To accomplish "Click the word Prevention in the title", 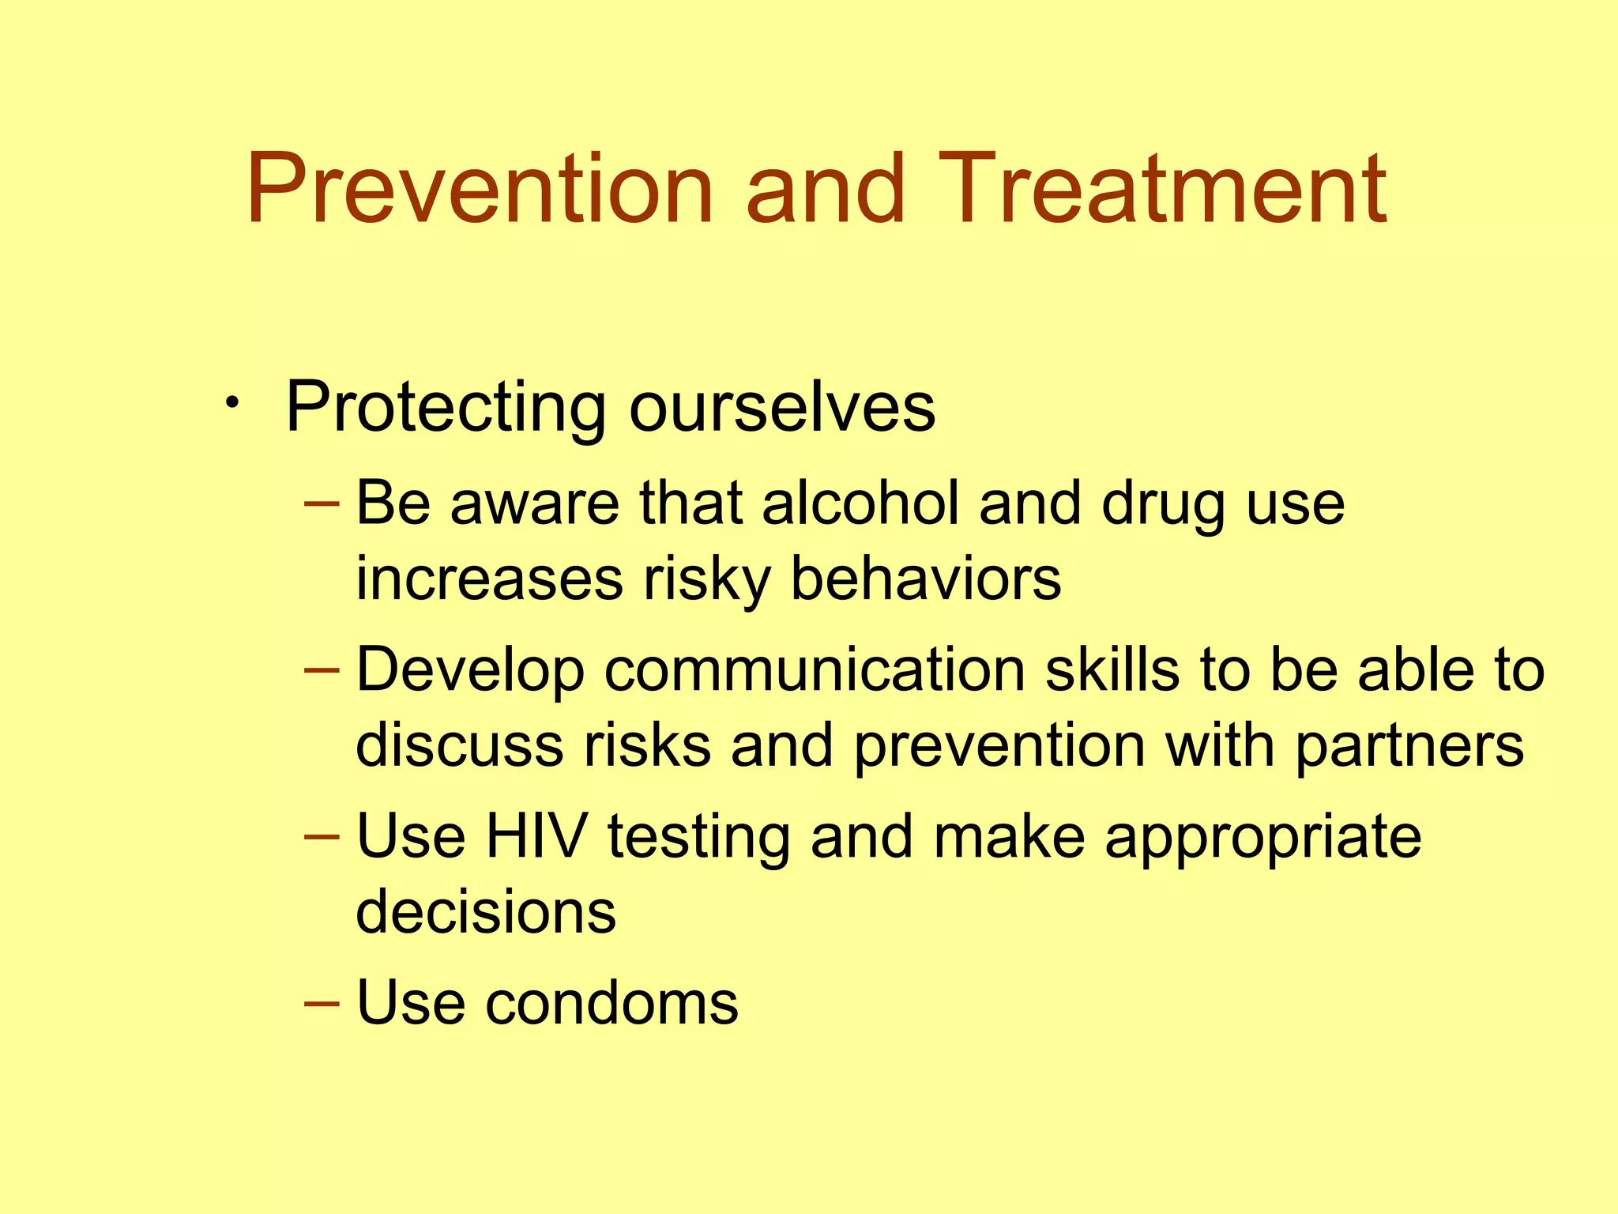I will click(480, 190).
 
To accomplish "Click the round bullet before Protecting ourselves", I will click(231, 405).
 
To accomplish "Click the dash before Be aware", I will click(322, 503).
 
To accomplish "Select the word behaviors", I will click(925, 579).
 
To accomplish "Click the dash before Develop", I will click(322, 670).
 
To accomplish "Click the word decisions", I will click(485, 912).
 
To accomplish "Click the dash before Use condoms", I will click(322, 1003).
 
